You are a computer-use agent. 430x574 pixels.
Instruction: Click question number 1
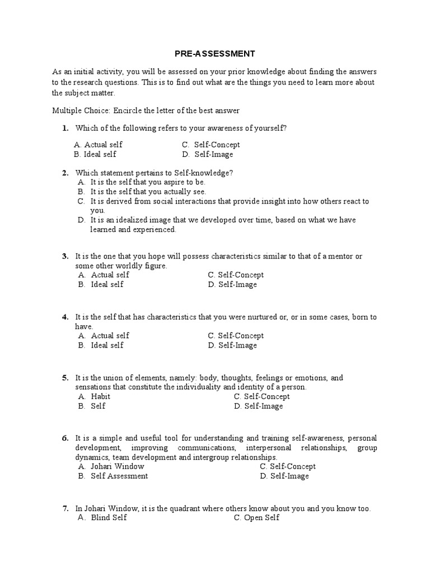(x=65, y=128)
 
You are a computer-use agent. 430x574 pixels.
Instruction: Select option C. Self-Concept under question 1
(x=211, y=145)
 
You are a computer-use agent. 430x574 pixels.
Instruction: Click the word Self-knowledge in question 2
(x=204, y=173)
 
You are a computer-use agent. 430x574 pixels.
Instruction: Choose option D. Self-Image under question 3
(x=232, y=285)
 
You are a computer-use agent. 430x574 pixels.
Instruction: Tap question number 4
(x=65, y=317)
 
